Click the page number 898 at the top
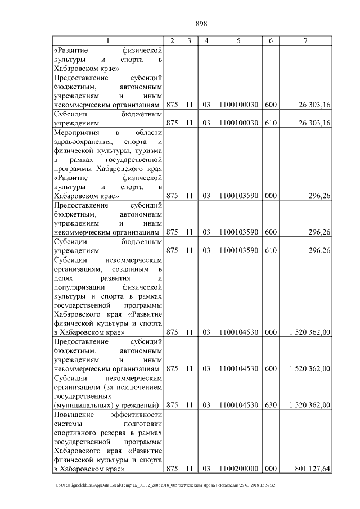(x=201, y=24)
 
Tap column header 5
(x=238, y=40)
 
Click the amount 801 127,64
(x=312, y=468)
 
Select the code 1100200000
(x=238, y=468)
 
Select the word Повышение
(x=73, y=415)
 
